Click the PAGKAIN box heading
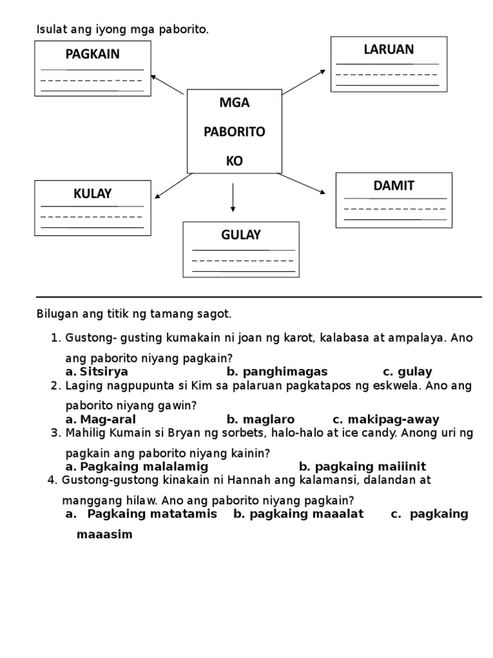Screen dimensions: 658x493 [x=92, y=54]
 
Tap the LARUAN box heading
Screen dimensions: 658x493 [x=389, y=49]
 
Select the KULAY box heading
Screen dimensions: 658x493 [x=92, y=193]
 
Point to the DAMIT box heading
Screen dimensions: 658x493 [x=394, y=186]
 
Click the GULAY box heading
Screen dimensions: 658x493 [x=241, y=235]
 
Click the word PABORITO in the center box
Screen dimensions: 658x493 [x=234, y=132]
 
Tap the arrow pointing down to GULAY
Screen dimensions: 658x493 [x=233, y=197]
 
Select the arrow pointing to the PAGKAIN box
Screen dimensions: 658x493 [x=167, y=85]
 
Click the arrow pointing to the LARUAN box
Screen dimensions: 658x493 [x=304, y=82]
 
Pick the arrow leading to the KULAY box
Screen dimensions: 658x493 [x=173, y=186]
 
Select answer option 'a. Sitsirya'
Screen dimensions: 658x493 [x=97, y=371]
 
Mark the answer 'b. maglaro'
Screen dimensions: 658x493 [x=256, y=420]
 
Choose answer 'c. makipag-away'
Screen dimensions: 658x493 [x=386, y=420]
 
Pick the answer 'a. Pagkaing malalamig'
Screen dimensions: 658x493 [x=137, y=467]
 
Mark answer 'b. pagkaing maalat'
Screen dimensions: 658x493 [x=298, y=513]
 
